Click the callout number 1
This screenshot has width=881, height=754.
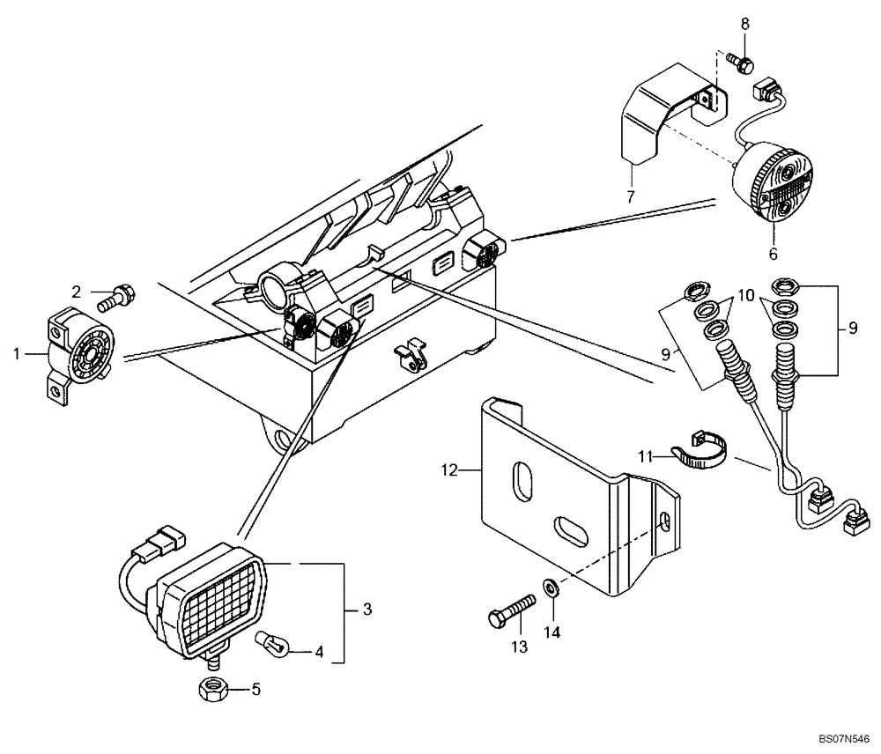pyautogui.click(x=16, y=353)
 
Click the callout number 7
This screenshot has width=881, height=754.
pyautogui.click(x=632, y=196)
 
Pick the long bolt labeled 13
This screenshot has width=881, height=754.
pyautogui.click(x=511, y=608)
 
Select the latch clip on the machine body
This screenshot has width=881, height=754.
pyautogui.click(x=411, y=353)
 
